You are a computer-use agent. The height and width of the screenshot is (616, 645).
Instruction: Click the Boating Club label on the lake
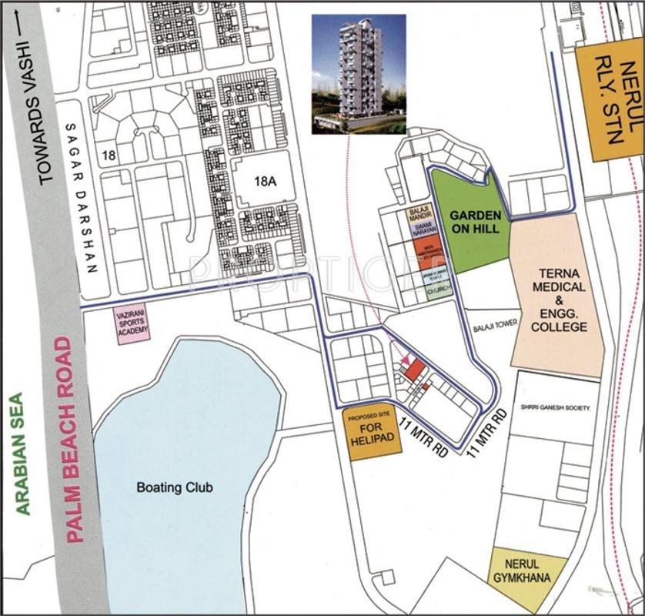175,487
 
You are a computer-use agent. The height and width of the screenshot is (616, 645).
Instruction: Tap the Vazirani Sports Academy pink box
132,324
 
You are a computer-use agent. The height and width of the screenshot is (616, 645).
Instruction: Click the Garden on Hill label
475,223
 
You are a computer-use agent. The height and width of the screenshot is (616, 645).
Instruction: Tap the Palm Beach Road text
75,439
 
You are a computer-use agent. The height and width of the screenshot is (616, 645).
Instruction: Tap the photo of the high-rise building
358,74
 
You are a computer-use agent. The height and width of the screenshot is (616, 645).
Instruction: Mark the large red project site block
415,370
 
